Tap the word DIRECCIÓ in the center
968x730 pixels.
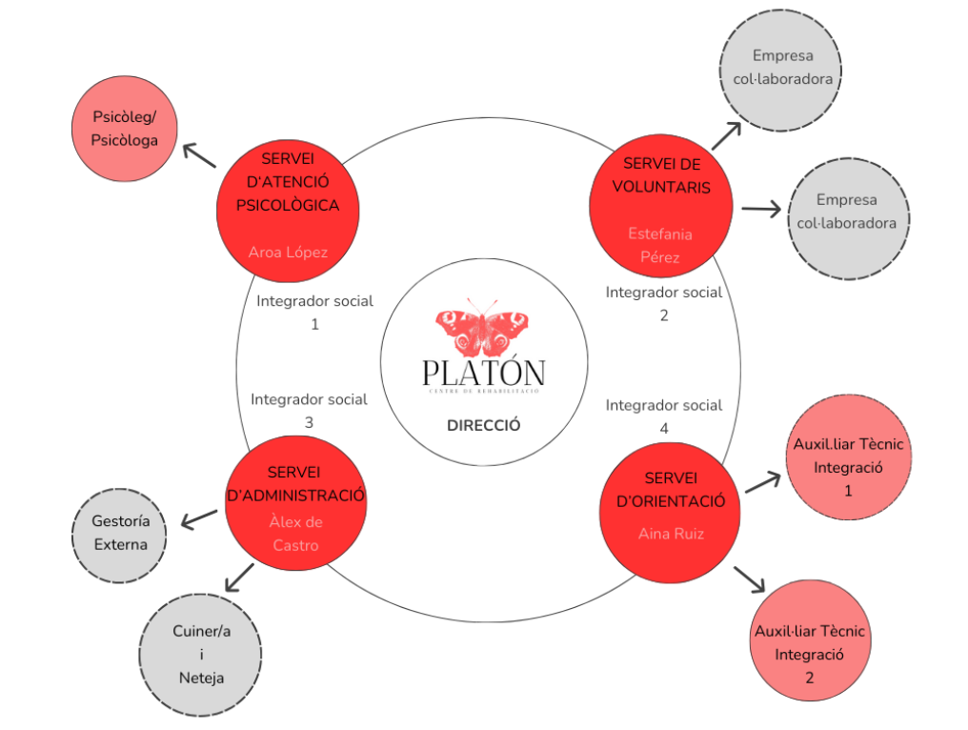coord(484,426)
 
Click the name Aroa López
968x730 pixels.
coord(288,253)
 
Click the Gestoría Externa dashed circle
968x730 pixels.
coord(120,533)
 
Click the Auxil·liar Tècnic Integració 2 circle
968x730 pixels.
coord(809,654)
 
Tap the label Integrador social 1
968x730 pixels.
coord(314,312)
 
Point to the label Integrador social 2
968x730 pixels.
coord(664,303)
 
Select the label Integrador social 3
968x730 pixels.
coord(309,411)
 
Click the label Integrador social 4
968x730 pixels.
coord(664,416)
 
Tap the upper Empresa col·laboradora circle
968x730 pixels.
coord(783,67)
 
